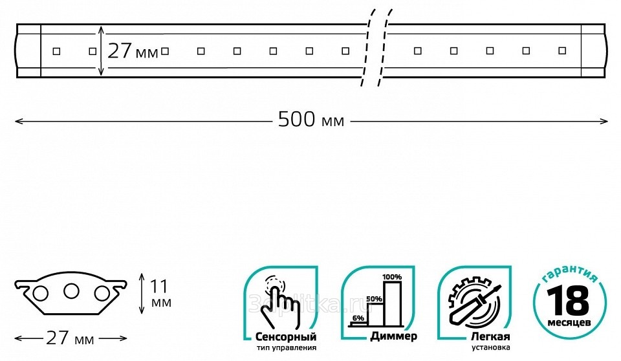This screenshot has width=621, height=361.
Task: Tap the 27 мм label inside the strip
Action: click(133, 51)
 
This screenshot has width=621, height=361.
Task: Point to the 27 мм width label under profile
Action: click(71, 338)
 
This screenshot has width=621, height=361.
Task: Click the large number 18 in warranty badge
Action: click(568, 301)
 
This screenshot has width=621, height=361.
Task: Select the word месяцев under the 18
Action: click(568, 322)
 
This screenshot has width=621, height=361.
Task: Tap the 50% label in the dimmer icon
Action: click(375, 299)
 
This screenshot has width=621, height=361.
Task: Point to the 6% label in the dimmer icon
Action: click(358, 318)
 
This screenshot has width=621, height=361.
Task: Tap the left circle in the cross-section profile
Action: click(41, 294)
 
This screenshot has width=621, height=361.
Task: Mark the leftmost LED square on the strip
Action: click(56, 50)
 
